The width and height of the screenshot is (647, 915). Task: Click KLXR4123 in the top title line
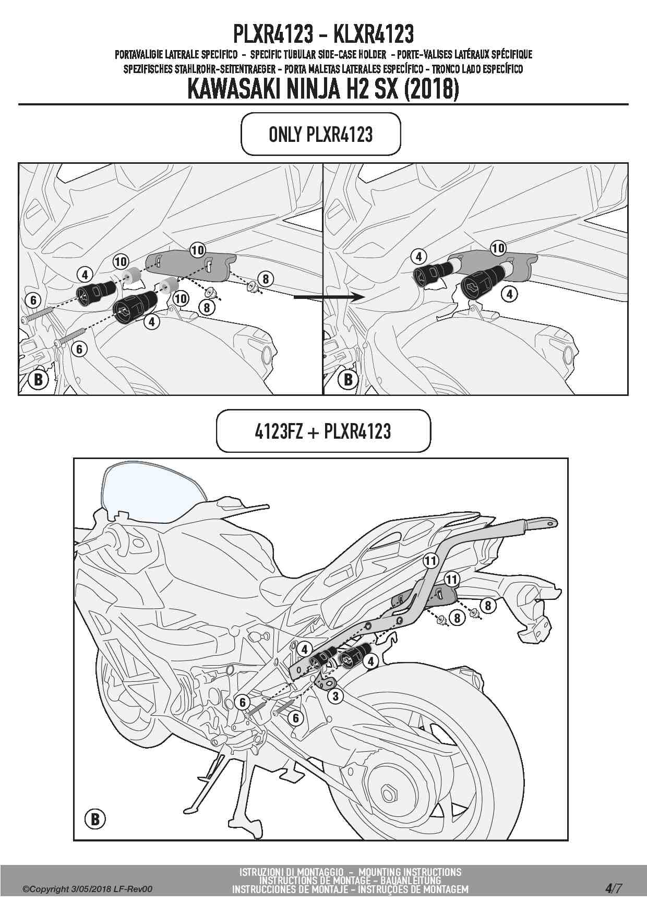(373, 34)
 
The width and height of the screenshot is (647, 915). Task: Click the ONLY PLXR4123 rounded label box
(320, 134)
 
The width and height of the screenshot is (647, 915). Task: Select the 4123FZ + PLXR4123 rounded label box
(323, 431)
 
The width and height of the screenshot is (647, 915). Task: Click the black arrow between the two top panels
(329, 297)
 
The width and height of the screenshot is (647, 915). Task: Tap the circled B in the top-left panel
(38, 379)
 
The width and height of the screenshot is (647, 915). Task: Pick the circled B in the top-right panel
(348, 379)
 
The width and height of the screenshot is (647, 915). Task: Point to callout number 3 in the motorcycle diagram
(336, 695)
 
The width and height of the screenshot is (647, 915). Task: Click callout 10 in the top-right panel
(498, 248)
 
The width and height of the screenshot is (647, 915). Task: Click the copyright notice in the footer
(87, 889)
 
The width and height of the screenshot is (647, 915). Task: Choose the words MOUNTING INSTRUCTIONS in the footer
(410, 872)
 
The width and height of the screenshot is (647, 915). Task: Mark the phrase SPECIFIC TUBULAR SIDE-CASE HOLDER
(318, 54)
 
